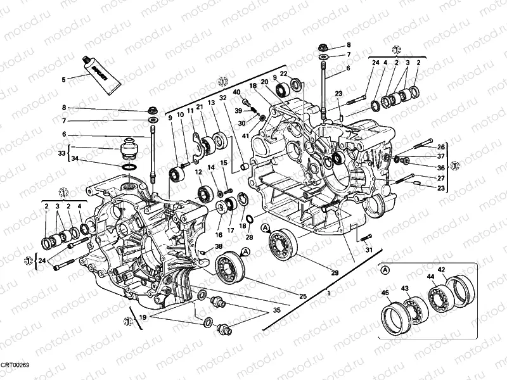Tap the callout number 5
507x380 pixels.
click(x=63, y=80)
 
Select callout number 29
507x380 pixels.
click(x=335, y=273)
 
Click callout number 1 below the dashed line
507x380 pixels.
click(x=328, y=293)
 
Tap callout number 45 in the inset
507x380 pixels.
click(x=385, y=292)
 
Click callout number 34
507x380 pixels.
click(x=75, y=158)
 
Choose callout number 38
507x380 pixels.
click(x=219, y=246)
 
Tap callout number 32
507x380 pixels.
click(x=222, y=98)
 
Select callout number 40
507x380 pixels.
click(x=236, y=92)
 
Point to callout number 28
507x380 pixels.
click(x=250, y=237)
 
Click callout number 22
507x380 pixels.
click(x=284, y=74)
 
